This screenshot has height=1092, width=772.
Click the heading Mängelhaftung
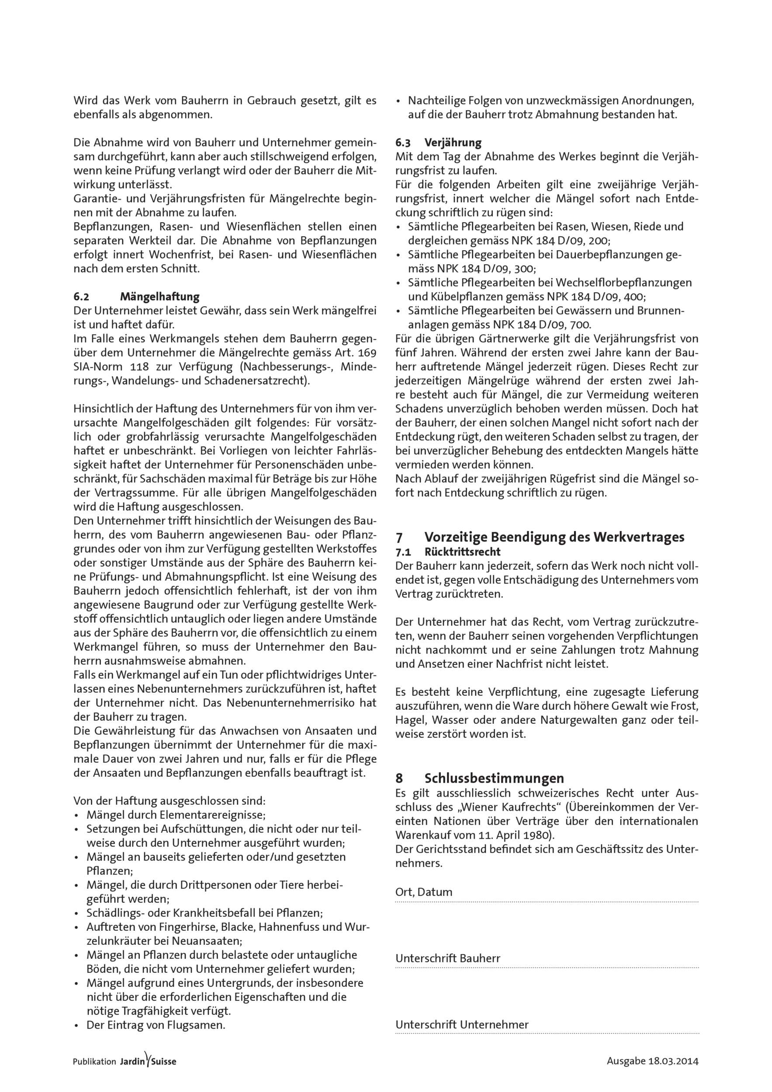point(159,297)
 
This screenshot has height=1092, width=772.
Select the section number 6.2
point(81,297)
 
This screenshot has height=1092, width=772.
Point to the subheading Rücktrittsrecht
point(462,552)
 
